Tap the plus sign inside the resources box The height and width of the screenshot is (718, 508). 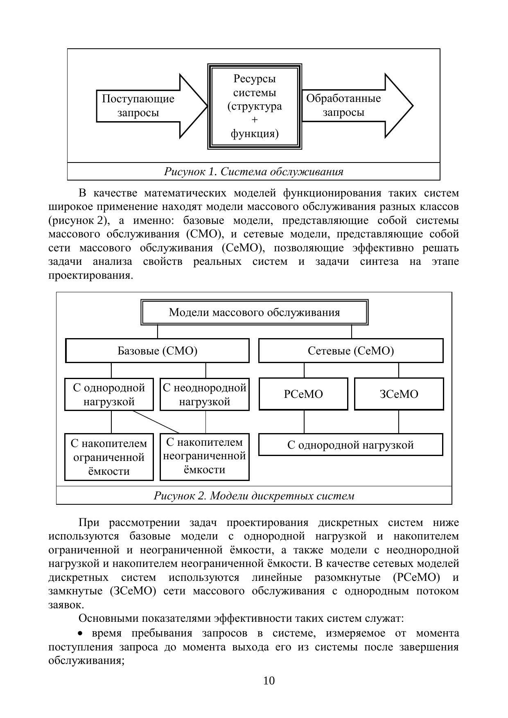(255, 120)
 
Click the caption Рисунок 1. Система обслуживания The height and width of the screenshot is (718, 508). (253, 172)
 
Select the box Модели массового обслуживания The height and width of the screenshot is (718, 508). (254, 313)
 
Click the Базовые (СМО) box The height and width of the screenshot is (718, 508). (157, 351)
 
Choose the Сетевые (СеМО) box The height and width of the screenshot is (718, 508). (351, 351)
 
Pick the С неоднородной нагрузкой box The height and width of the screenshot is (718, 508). (204, 394)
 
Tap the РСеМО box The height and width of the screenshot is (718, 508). (303, 394)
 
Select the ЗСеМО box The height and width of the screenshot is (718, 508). (399, 394)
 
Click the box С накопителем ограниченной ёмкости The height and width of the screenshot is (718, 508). (109, 457)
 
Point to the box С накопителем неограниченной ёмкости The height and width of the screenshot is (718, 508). (204, 456)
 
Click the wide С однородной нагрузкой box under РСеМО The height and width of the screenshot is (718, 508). (351, 445)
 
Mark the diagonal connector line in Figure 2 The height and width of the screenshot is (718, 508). (156, 421)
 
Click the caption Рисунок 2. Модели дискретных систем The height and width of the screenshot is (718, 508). (254, 496)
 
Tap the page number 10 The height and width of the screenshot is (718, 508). (269, 680)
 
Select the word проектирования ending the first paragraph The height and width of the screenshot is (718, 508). (90, 275)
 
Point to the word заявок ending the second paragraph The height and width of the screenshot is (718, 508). (65, 605)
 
